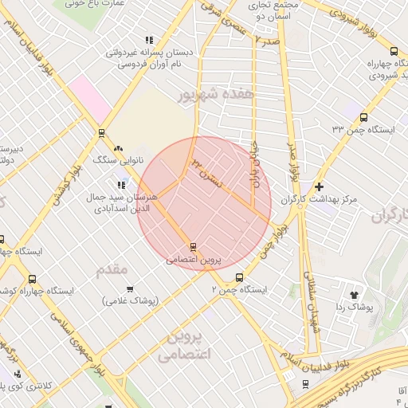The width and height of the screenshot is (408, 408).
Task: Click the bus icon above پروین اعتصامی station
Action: tap(193, 247)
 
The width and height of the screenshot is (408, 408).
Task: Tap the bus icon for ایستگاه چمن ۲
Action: tap(240, 277)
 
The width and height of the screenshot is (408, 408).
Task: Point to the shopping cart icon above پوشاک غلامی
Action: tap(130, 288)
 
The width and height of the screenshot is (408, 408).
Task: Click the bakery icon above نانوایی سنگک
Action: tap(119, 147)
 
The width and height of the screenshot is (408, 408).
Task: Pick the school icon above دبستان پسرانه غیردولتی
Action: tap(148, 40)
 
